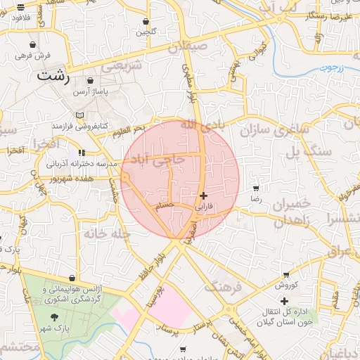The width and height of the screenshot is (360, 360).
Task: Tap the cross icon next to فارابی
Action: coord(204,195)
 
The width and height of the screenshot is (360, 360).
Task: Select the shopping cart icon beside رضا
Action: coord(255,188)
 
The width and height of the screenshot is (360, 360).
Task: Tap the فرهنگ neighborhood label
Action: coord(222,286)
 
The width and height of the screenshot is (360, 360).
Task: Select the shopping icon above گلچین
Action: coord(146,22)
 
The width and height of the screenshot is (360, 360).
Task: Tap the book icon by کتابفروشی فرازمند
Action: coord(79,115)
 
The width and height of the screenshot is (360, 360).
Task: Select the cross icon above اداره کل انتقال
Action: coord(284,301)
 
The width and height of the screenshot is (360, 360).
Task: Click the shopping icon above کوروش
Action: coord(285,275)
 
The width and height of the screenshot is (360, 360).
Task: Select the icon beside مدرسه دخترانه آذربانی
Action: coord(82,153)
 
